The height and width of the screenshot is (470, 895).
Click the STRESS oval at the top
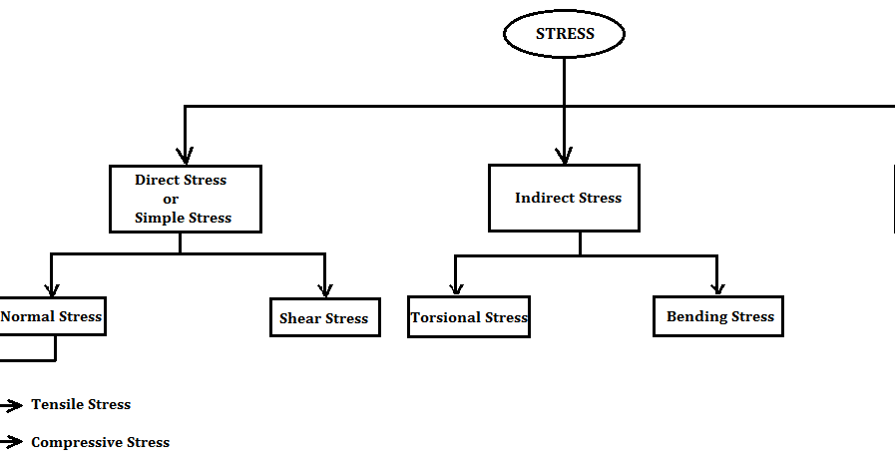(x=564, y=34)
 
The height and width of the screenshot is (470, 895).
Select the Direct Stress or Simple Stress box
(x=185, y=199)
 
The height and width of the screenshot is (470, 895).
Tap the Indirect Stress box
(x=564, y=198)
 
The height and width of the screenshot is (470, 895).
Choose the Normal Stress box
(x=52, y=316)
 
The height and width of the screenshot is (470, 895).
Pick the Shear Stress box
(x=324, y=318)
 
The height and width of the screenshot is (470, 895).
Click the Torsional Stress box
(x=469, y=317)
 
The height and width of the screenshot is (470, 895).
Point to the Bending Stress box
(x=719, y=316)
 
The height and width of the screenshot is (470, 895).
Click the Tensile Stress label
(x=81, y=404)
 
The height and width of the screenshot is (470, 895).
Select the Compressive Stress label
(x=100, y=442)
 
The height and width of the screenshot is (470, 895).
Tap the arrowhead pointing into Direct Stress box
(x=185, y=156)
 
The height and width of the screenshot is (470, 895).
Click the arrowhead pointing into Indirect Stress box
(x=564, y=155)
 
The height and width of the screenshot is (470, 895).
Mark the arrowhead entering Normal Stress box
(x=51, y=288)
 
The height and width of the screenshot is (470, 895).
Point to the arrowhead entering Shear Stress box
(x=324, y=289)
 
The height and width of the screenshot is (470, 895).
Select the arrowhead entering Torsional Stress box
(x=456, y=287)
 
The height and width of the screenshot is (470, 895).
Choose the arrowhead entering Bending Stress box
(x=716, y=287)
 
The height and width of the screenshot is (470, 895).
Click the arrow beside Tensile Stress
(x=12, y=405)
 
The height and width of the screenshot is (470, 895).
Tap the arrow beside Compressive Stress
(x=12, y=442)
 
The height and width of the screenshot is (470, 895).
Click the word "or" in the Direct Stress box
(x=170, y=199)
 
